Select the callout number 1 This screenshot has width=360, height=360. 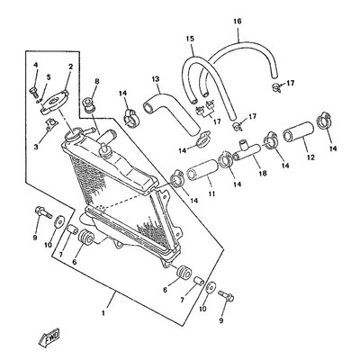point(103,313)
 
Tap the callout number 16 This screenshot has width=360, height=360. point(238,22)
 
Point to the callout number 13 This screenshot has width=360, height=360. point(155,79)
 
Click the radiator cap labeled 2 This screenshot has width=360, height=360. point(54,103)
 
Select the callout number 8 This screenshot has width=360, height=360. point(96,81)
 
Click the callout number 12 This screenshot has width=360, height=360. point(310,157)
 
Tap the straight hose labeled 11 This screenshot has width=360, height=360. point(202,171)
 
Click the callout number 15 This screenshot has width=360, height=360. point(190,39)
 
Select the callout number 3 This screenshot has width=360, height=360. point(36,147)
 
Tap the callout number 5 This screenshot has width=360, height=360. point(49,77)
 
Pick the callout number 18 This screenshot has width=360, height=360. point(264,174)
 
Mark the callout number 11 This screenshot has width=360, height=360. point(211,194)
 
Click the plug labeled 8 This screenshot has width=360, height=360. point(89,104)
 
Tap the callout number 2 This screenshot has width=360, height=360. point(71,67)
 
